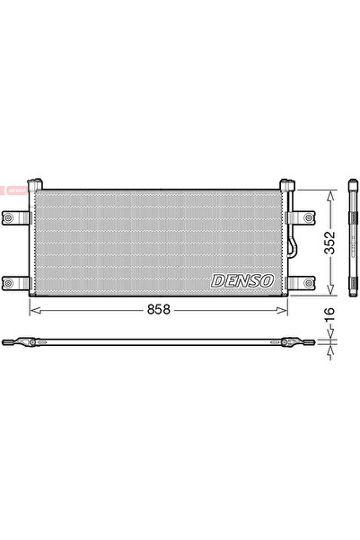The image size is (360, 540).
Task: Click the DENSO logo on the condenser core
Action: point(241,280)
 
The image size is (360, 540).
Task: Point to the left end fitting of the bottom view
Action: point(20,342)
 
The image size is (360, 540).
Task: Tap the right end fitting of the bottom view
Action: point(295,342)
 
